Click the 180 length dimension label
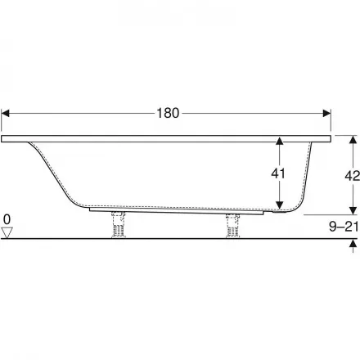[168, 113]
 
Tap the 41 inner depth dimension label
[278, 173]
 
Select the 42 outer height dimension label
[352, 176]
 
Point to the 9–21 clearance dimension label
[344, 227]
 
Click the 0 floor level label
[7, 219]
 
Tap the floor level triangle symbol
[7, 232]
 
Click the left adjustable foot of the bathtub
[119, 224]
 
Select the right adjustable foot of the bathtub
[232, 226]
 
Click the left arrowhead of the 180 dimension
[5, 113]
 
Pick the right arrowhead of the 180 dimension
[326, 113]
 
